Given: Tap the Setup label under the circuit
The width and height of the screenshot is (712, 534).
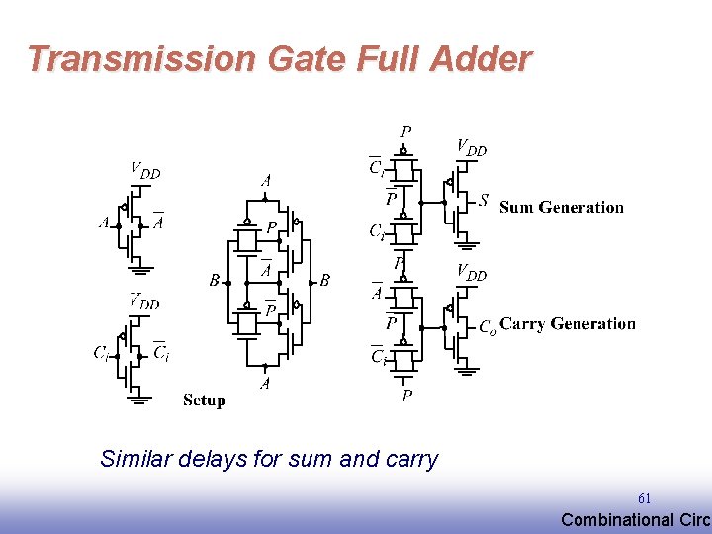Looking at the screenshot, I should point(204,400).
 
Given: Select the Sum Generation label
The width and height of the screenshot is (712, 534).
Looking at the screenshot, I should point(561,207).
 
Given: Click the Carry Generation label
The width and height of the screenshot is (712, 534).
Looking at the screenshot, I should point(568,324).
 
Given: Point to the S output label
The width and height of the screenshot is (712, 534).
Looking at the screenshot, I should point(483,201).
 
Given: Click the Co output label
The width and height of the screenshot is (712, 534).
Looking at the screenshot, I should point(487,326).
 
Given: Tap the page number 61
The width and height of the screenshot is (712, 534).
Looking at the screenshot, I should point(644,498).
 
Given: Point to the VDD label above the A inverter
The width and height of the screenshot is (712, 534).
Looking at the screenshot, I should point(144,170).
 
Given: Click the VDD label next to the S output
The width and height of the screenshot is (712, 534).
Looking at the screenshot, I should point(470,148).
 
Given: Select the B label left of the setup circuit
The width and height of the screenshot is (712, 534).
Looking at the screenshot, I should point(214,281).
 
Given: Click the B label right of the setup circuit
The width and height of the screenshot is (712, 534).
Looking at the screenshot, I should point(324,281).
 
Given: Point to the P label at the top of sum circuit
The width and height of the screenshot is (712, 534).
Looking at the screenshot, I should point(405,132).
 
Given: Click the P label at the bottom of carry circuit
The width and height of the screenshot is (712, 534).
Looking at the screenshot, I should point(406,396).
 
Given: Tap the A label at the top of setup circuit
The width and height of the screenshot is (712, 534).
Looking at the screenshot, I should point(265,181).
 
